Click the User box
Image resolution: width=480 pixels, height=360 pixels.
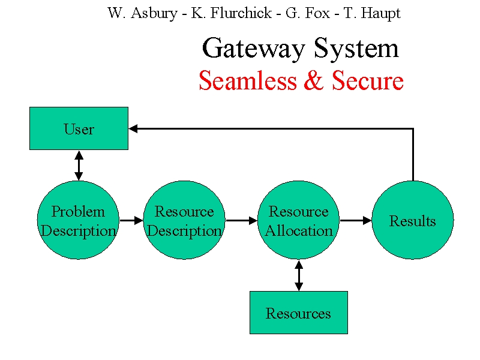tap(79, 128)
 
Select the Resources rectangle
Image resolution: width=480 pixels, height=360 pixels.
tap(299, 313)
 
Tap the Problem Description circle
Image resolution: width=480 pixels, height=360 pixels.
tap(78, 220)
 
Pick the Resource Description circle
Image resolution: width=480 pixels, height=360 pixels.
tap(184, 220)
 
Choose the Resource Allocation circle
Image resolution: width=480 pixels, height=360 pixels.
tap(298, 220)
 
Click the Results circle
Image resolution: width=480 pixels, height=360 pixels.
tap(413, 220)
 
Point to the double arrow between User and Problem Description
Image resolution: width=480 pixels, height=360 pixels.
tap(79, 166)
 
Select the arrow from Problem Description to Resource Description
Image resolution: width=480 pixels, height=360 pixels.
tap(131, 220)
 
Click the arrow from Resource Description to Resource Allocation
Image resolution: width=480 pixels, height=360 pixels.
tap(242, 220)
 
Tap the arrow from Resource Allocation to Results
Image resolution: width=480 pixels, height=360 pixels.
tap(356, 220)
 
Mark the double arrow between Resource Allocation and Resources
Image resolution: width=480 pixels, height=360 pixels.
tap(299, 275)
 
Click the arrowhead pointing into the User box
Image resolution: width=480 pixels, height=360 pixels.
tap(133, 128)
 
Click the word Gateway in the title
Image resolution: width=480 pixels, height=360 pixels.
tap(253, 49)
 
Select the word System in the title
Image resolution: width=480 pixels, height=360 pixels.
tap(356, 49)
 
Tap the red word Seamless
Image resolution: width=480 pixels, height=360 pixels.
tap(248, 80)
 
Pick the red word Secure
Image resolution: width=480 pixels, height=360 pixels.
tap(368, 80)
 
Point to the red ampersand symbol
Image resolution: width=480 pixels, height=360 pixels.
tap(314, 80)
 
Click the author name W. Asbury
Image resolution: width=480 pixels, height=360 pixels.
tap(142, 13)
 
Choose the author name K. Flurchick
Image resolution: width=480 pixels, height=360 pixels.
tap(232, 13)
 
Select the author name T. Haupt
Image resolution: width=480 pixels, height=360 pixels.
tap(372, 14)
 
